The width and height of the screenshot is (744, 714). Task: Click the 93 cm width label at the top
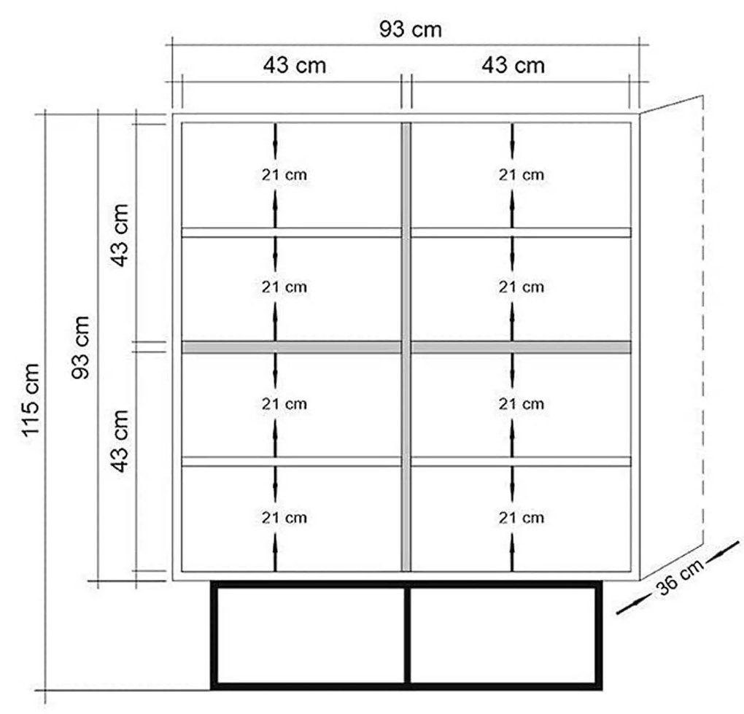pos(411,29)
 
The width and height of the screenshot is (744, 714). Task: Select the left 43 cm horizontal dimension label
pos(295,66)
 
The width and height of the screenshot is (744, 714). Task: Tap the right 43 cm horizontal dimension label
pos(513,66)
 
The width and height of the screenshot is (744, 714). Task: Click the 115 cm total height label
pos(31,400)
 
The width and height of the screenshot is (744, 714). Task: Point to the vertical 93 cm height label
pos(80,347)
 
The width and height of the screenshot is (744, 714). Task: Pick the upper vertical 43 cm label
pos(120,236)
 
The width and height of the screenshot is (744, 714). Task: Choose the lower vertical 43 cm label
pos(120,441)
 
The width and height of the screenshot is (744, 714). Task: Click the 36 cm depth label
pos(680,578)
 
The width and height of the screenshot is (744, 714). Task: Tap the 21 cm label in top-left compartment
pos(284,175)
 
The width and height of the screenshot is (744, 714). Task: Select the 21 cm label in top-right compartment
pos(521,175)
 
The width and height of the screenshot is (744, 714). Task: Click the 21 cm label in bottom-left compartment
pos(284,518)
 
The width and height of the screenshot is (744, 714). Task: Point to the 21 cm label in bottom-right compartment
pos(521,518)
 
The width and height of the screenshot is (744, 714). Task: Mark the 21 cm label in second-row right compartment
pos(521,287)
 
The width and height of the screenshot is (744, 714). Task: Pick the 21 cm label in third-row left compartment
pos(284,404)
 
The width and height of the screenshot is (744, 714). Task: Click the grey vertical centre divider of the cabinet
pos(406,346)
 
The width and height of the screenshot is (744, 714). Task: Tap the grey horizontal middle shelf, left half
pos(291,347)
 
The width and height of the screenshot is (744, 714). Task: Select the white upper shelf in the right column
pos(521,233)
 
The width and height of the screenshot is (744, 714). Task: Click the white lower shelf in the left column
pos(291,462)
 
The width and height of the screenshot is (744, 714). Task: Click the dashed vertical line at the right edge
pos(702,320)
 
